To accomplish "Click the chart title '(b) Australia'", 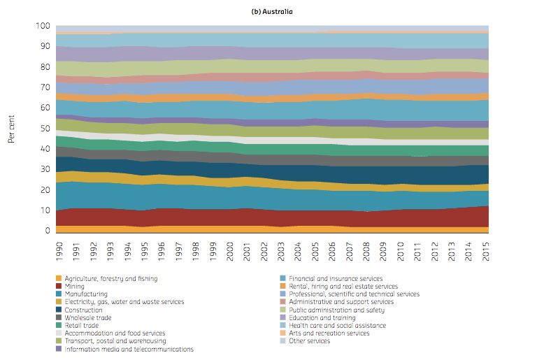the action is point(272,12).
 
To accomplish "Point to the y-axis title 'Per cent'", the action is point(11,129).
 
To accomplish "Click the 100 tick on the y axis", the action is point(43,26).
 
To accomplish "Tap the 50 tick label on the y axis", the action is point(45,129).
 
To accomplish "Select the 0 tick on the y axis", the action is point(48,231).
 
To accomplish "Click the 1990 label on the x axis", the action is point(59,252).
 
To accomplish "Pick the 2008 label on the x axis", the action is point(366,252).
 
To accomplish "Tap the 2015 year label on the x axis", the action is point(486,252).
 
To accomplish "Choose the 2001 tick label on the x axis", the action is point(247,252).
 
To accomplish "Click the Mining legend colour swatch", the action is point(59,286).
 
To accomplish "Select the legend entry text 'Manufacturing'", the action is point(86,294).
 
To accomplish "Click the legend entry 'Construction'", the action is point(84,310).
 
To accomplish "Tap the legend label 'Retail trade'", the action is point(82,326).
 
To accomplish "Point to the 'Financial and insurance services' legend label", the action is point(336,278).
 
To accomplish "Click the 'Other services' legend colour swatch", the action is point(282,341).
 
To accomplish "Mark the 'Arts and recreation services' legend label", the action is point(329,333).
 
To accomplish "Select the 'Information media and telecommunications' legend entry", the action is point(129,349).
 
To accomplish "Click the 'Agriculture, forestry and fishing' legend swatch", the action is point(59,278).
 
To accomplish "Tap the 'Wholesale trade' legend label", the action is point(88,317).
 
